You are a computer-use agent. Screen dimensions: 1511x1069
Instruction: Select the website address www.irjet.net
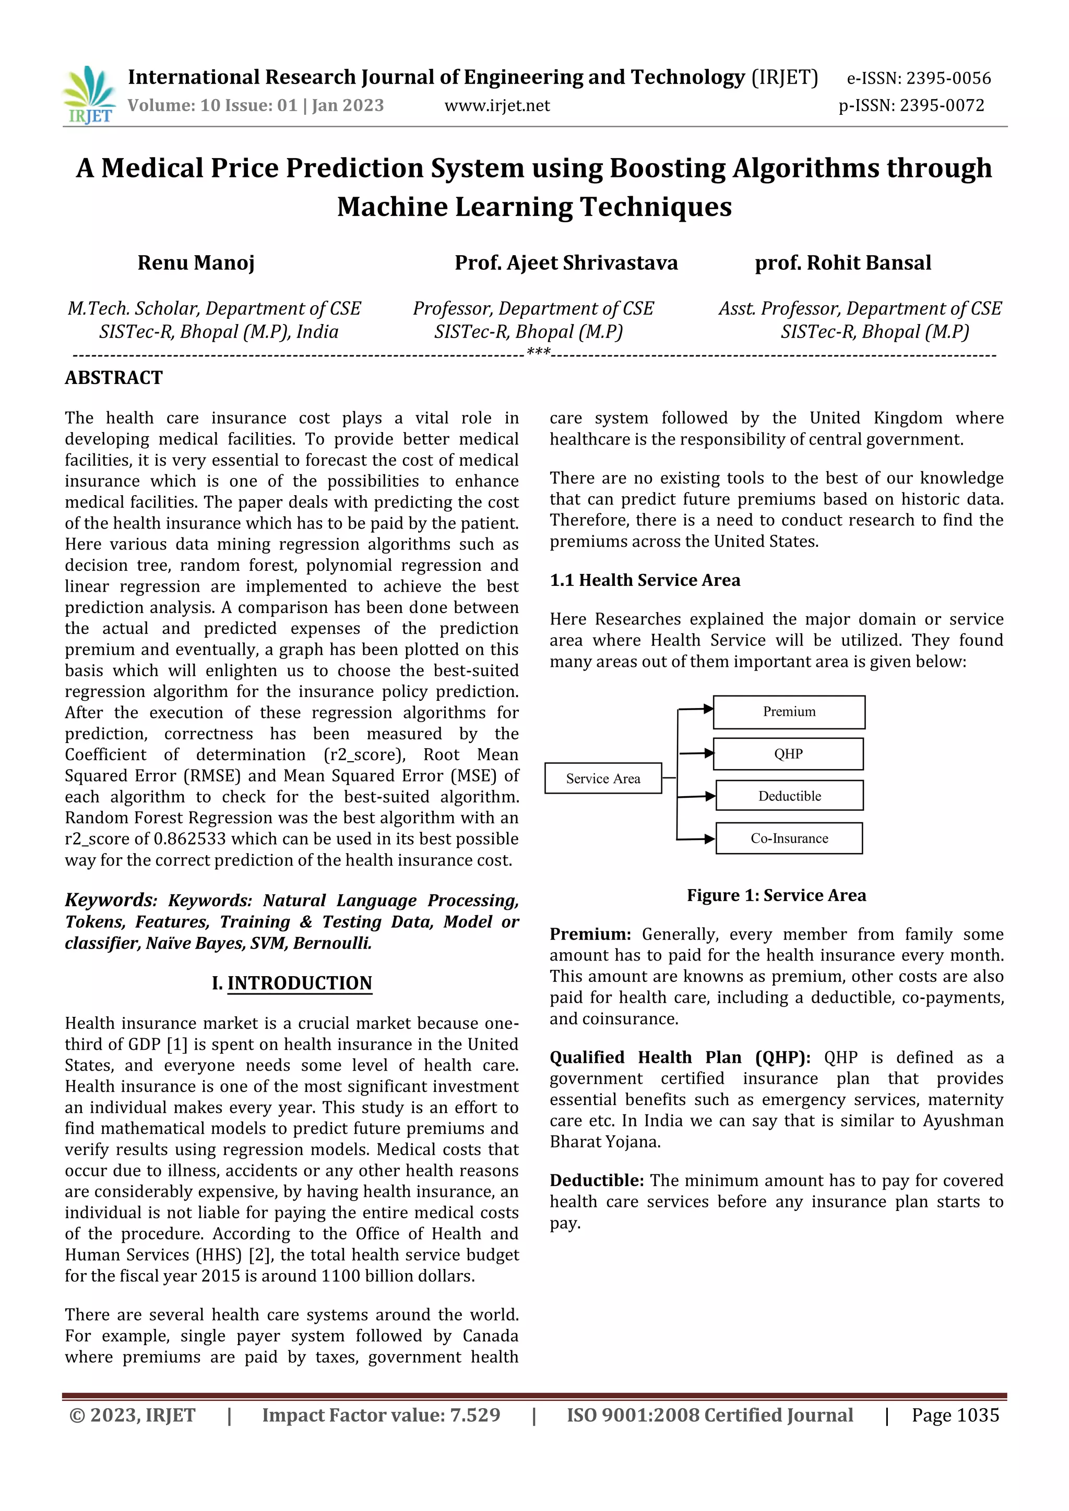tap(497, 105)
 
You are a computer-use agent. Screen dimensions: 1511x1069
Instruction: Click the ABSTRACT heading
tap(114, 378)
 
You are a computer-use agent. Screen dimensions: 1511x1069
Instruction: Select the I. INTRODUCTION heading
tap(292, 983)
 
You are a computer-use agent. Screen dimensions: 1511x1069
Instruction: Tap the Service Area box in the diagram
tap(603, 778)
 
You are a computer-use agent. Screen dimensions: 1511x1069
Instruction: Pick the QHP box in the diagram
tap(788, 754)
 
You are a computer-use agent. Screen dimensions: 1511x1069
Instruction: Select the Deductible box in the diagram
tap(789, 796)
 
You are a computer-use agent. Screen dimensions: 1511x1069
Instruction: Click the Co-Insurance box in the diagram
tap(789, 838)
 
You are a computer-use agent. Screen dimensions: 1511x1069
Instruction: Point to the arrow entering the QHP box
tap(696, 753)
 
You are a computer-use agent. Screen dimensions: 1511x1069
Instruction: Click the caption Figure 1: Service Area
tap(776, 896)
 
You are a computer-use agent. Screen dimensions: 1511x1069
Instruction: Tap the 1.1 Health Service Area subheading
tap(645, 580)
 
